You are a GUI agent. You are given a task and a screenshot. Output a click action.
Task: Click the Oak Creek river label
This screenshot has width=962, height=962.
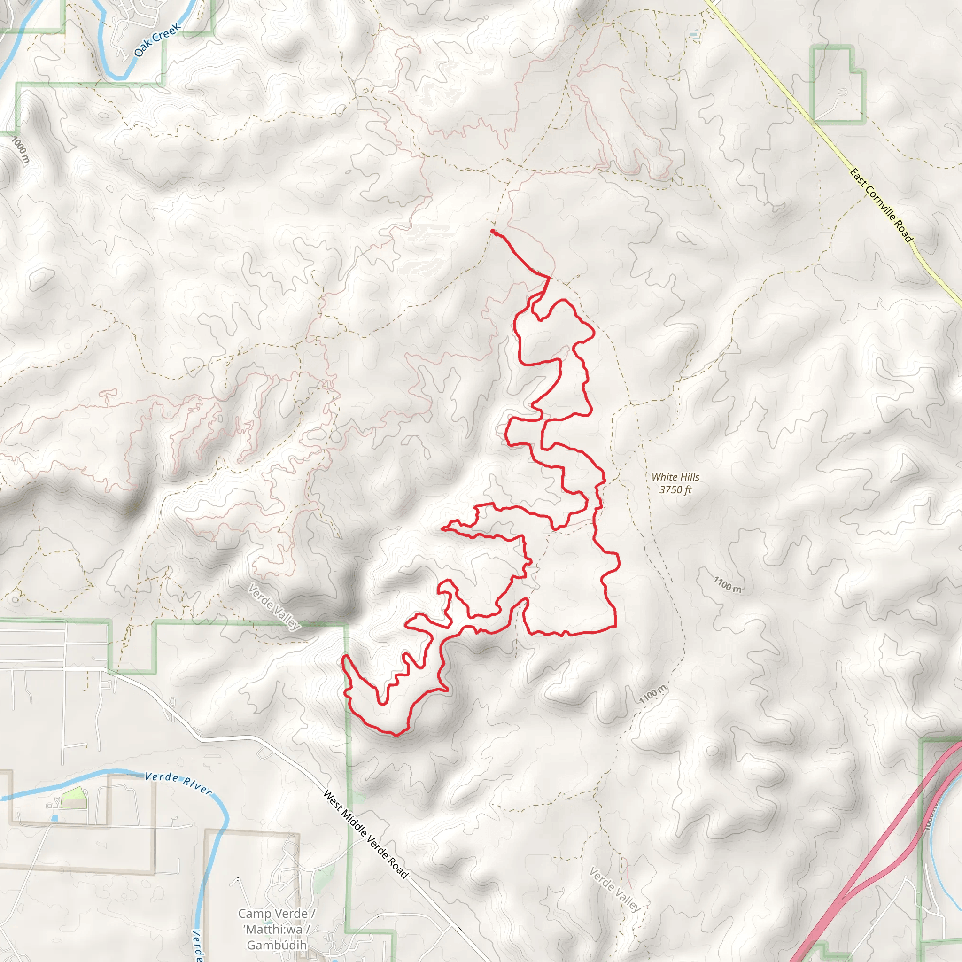pyautogui.click(x=157, y=40)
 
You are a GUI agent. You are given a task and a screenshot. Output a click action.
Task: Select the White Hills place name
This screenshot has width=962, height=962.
pyautogui.click(x=675, y=477)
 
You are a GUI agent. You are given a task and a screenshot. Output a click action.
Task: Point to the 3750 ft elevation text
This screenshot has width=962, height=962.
pyautogui.click(x=675, y=490)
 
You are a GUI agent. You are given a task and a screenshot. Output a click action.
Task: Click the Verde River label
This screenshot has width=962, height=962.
pyautogui.click(x=178, y=783)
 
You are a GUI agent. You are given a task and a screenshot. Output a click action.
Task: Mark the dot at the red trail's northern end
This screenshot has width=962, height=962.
pyautogui.click(x=493, y=232)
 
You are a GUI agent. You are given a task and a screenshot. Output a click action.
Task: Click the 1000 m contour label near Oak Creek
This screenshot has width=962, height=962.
pyautogui.click(x=20, y=150)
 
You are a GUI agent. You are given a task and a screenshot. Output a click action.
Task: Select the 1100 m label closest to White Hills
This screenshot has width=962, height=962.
pyautogui.click(x=728, y=584)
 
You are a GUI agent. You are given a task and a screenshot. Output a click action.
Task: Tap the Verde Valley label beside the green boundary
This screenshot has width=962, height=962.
pyautogui.click(x=274, y=607)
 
